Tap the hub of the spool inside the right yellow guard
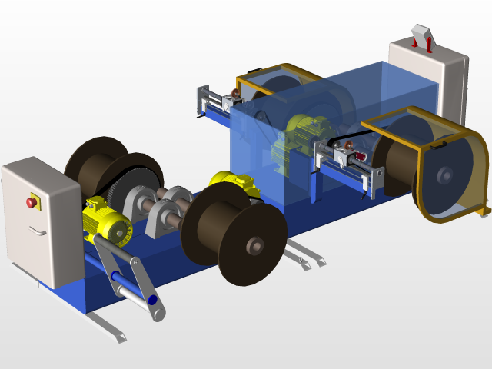click(x=445, y=176)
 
